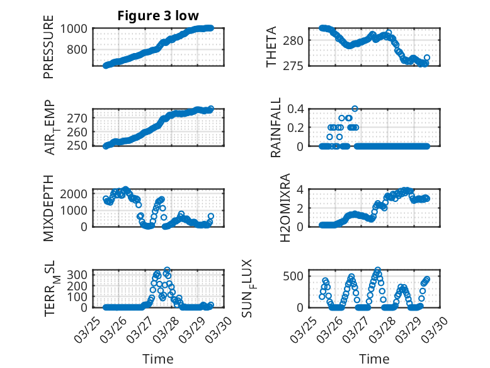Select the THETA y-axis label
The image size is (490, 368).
coord(271,47)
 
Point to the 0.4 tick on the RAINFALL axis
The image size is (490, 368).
coord(297,109)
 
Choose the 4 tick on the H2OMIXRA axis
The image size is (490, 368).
coord(302,189)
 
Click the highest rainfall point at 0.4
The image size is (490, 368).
coord(355,109)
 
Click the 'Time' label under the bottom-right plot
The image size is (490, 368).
coord(374,359)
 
